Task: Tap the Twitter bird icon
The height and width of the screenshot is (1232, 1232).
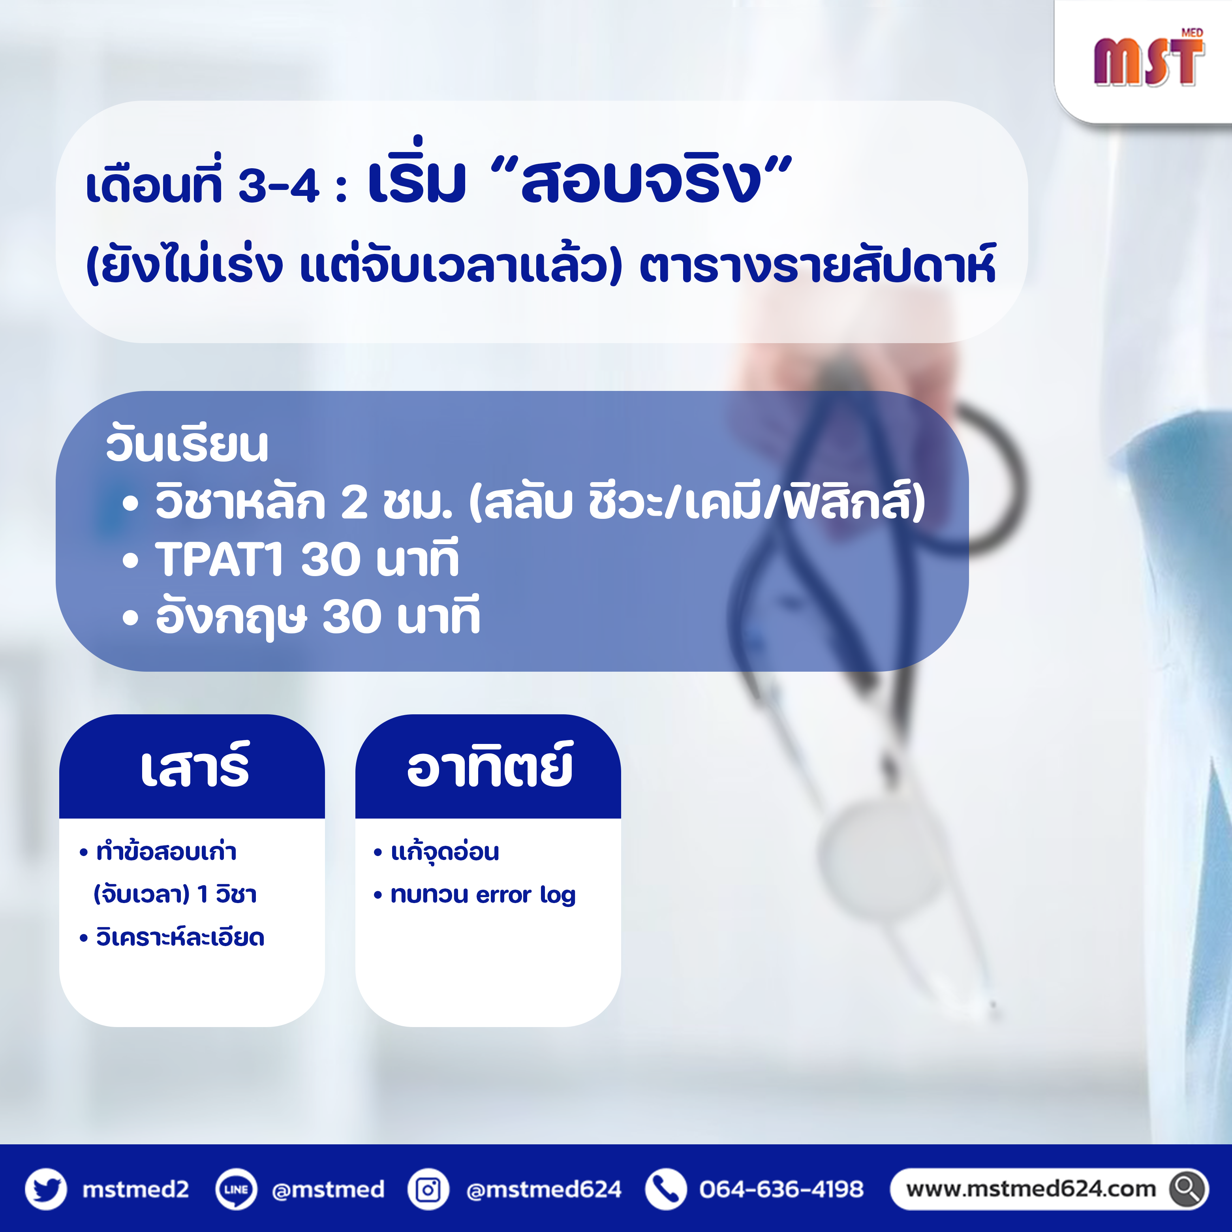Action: (45, 1189)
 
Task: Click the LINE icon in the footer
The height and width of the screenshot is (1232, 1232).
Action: (236, 1189)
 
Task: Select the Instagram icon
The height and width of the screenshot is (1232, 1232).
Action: (428, 1189)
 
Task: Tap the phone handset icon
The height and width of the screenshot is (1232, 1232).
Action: (666, 1189)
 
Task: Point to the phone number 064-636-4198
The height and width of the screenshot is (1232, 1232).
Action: (781, 1189)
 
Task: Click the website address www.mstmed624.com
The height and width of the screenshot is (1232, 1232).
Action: (1031, 1189)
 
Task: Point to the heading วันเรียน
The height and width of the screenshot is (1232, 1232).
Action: (187, 445)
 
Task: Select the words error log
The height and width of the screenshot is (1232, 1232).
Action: (526, 895)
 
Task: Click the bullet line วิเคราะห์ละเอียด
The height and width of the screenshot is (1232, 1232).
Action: (172, 937)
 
